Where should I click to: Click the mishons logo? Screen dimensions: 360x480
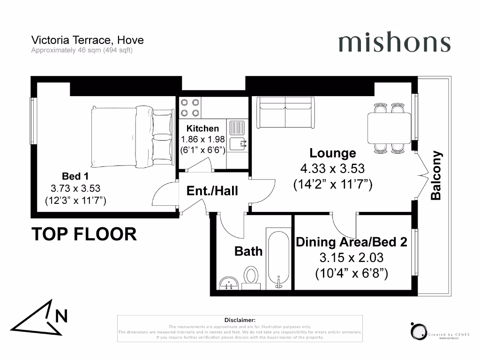click(x=394, y=43)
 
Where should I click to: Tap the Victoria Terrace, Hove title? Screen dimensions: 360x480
click(x=87, y=40)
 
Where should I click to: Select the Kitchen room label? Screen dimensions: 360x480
click(x=202, y=128)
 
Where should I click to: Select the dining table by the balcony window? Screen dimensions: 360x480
click(x=389, y=127)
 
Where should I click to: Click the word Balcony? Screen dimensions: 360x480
click(x=436, y=175)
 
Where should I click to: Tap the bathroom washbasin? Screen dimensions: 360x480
click(x=229, y=282)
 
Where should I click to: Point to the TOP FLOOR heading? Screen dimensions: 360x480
click(x=84, y=234)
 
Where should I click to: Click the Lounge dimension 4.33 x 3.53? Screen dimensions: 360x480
click(x=332, y=169)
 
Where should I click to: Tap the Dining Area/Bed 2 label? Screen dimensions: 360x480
click(x=351, y=242)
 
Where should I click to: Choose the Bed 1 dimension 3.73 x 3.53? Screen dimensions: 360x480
click(x=75, y=188)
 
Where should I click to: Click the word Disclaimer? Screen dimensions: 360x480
click(x=240, y=320)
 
